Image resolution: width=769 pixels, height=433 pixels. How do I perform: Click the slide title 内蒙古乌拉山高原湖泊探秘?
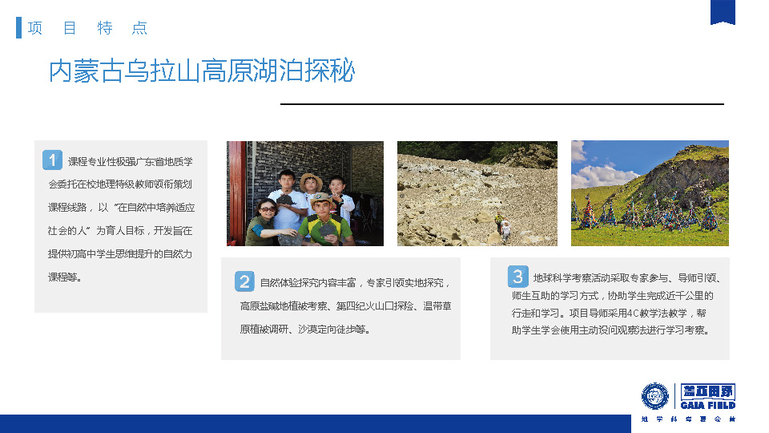[x=202, y=71]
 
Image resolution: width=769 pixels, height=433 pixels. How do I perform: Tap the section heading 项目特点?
[x=87, y=28]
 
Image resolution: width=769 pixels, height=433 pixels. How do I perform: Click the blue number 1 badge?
[x=52, y=160]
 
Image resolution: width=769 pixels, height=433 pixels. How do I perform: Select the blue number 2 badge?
[x=244, y=281]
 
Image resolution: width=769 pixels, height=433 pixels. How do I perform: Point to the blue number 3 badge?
[x=518, y=277]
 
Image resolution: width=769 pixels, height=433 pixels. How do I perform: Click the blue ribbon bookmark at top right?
[x=723, y=12]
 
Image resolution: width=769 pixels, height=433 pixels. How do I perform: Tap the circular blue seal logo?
[x=655, y=395]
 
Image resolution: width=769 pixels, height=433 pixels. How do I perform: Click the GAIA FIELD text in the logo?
[x=707, y=406]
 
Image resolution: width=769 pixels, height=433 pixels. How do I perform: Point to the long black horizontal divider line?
[x=502, y=104]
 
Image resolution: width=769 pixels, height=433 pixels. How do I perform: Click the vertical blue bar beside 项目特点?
[x=18, y=27]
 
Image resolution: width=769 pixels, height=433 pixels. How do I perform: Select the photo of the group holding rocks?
[x=305, y=193]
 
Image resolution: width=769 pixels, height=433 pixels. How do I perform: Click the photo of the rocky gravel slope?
[x=477, y=193]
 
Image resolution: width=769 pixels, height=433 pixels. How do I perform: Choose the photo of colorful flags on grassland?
[x=650, y=193]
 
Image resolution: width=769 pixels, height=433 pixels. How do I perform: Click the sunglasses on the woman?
[x=268, y=209]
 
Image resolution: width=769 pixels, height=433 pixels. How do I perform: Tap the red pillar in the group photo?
[x=236, y=193]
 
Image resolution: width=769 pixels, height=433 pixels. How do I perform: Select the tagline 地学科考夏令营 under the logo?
[x=689, y=419]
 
